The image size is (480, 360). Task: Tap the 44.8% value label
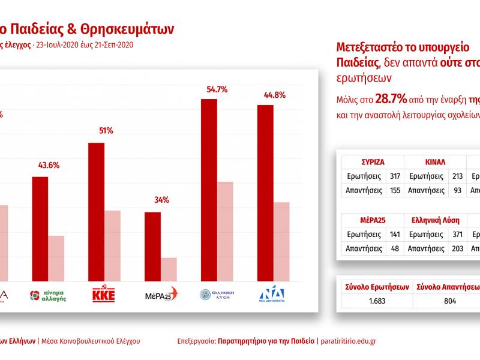click(266, 95)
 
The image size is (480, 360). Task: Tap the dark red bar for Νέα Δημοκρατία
click(265, 193)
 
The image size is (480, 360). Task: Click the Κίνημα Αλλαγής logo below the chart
click(48, 295)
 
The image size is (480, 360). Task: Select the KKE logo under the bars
click(104, 295)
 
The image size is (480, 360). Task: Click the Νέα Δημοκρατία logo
click(272, 295)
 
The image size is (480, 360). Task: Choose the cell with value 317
click(394, 176)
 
